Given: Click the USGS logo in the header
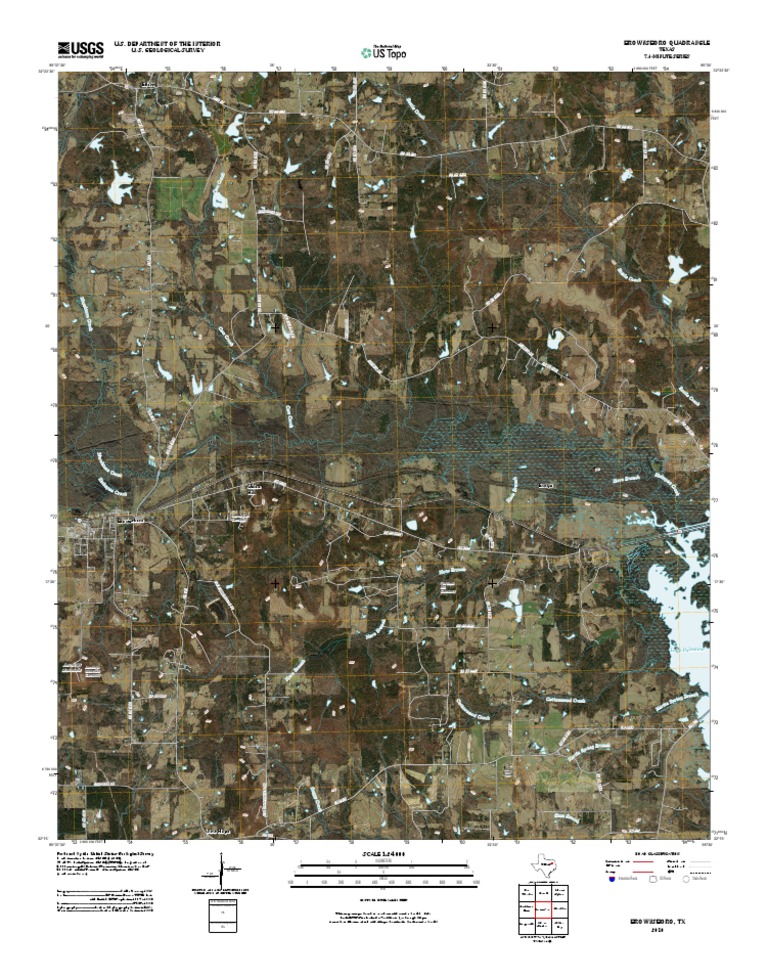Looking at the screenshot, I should tap(81, 47).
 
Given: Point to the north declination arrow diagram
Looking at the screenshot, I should tap(221, 872).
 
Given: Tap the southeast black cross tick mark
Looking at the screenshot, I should tap(492, 581).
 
